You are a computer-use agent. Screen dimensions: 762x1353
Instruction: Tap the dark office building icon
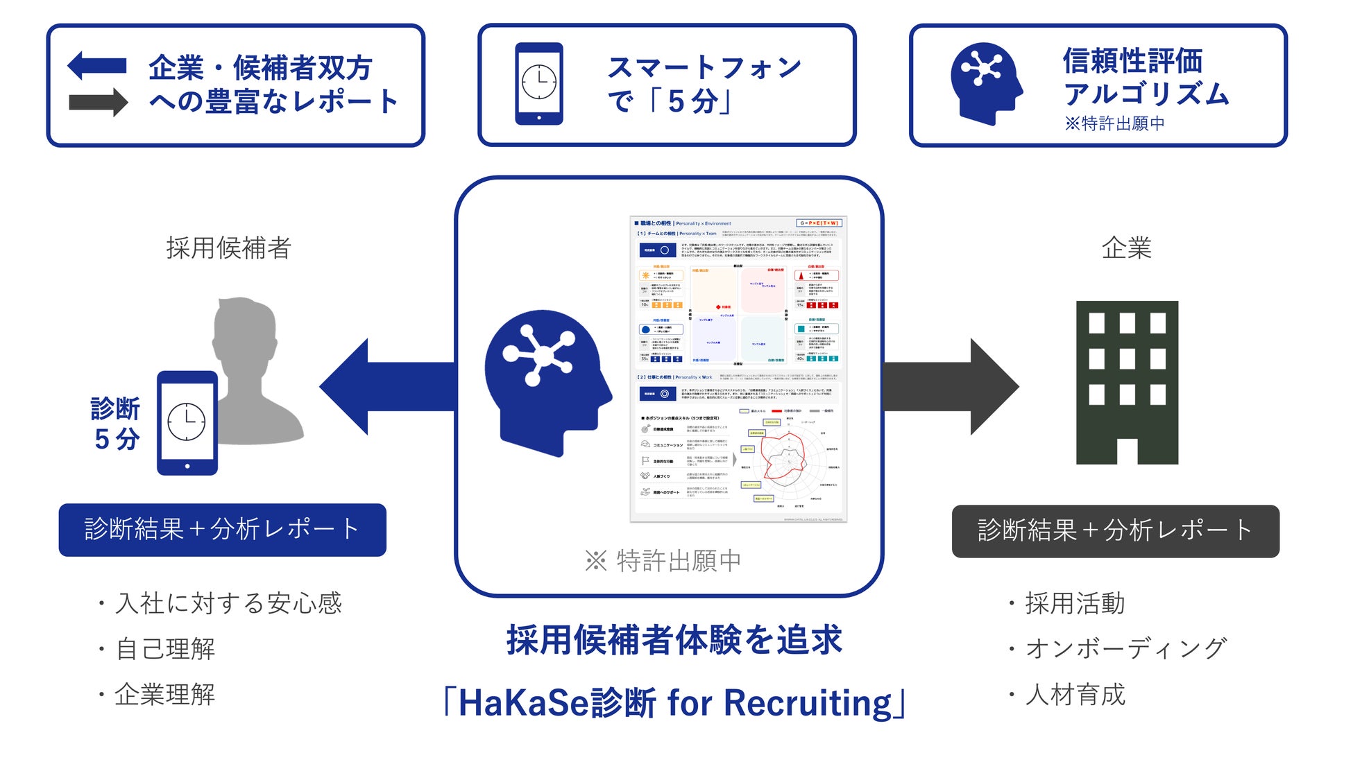(x=1127, y=382)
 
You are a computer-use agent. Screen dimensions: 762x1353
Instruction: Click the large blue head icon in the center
(x=545, y=381)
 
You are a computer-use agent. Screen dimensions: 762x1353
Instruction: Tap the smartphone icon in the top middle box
(x=539, y=84)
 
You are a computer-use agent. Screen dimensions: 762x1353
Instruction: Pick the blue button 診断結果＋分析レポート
(x=222, y=530)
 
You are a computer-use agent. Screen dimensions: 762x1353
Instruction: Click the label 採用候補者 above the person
(x=228, y=248)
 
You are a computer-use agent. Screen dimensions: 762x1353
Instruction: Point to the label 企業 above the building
(x=1126, y=248)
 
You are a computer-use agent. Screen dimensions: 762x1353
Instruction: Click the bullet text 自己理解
(x=165, y=649)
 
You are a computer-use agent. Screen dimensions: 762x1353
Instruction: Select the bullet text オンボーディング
(x=1125, y=648)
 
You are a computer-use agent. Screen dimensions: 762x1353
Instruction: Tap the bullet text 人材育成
(x=1075, y=694)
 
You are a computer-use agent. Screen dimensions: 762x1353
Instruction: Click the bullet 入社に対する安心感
(x=228, y=603)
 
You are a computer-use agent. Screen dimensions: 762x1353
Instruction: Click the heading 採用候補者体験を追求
(x=674, y=639)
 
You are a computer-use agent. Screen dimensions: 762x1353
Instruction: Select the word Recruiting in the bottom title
(x=808, y=703)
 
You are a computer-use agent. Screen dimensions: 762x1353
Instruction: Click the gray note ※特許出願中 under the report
(x=663, y=560)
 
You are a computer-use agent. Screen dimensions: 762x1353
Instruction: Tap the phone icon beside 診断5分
(x=187, y=423)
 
